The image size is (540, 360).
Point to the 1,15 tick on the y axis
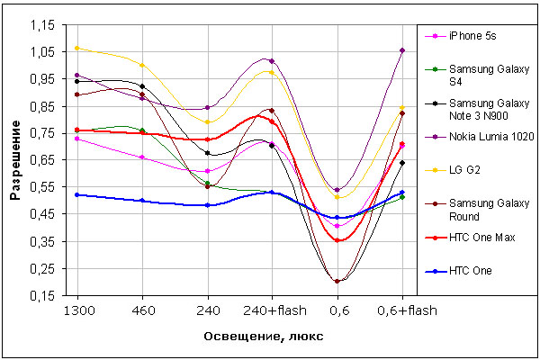tap(44, 25)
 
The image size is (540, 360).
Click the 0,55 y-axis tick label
tap(44, 187)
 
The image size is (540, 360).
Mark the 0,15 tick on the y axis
tap(44, 295)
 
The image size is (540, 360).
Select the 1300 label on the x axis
tap(77, 308)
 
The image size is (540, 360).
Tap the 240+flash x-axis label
tap(272, 308)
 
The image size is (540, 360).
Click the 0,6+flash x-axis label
tap(401, 308)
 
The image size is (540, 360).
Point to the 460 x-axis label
tap(142, 308)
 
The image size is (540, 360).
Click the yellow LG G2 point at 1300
tap(77, 48)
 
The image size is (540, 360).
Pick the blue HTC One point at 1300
tap(77, 194)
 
